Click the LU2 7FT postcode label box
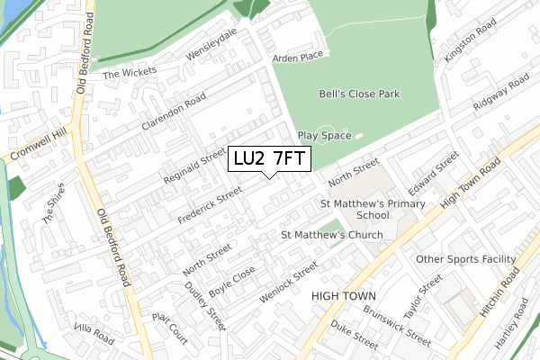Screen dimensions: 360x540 coord(270,159)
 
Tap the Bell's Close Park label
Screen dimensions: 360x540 coord(359,94)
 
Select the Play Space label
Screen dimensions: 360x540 coord(324,135)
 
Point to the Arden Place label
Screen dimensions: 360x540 coord(297,57)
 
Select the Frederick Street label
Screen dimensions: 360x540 coord(211,206)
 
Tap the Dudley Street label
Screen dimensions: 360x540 coord(206,302)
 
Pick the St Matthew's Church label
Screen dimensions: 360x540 coord(331,235)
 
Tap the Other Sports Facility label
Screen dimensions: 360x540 coord(466,259)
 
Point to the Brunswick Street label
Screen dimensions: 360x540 coord(397,325)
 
